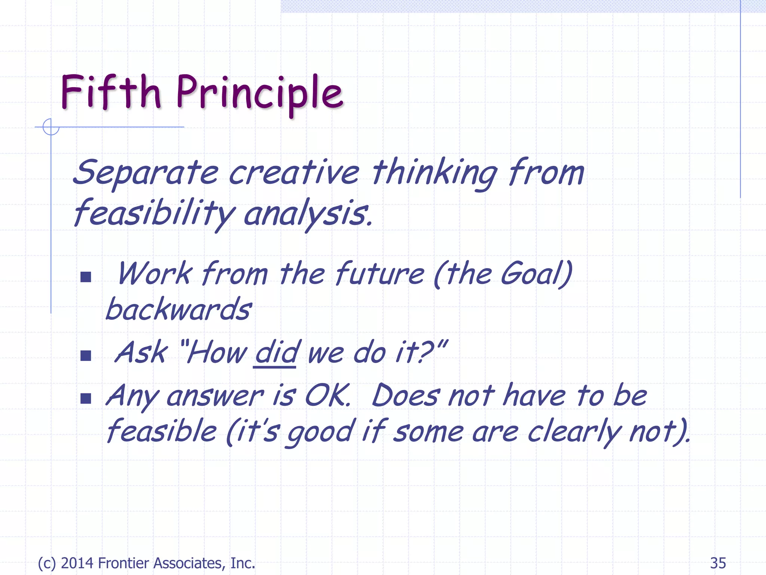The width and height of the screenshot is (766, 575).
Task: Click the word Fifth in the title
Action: point(111,92)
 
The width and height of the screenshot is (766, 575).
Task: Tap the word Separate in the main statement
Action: point(146,173)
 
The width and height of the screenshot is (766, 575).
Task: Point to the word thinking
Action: point(434,173)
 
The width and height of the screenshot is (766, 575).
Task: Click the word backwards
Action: point(178,309)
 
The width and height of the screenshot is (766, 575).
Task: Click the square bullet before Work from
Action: point(86,277)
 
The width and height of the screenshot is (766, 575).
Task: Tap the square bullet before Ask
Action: point(86,355)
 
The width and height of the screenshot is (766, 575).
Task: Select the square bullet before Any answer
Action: point(86,398)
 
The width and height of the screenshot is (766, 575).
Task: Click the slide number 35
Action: point(718,563)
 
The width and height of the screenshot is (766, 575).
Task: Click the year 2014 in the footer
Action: point(77,563)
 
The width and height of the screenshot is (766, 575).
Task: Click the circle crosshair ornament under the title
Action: point(51,127)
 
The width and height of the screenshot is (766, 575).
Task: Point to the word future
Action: point(379,274)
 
